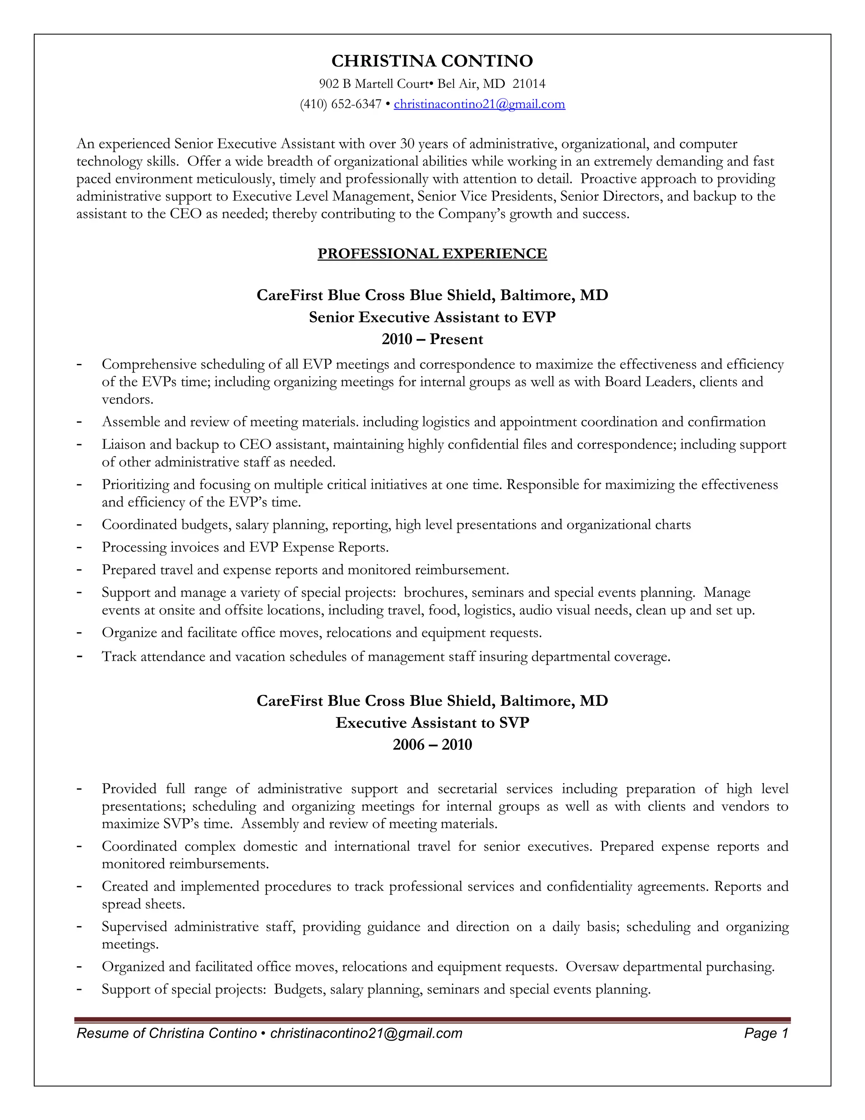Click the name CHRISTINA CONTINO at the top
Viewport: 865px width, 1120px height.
(432, 61)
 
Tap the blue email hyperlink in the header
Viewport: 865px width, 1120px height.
(479, 104)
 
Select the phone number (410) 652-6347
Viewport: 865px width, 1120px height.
(340, 104)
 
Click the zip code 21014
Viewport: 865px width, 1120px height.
(529, 84)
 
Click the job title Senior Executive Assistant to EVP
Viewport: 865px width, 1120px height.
(432, 317)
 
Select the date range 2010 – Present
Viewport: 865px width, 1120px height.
(432, 339)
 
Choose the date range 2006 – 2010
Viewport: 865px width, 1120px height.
(432, 745)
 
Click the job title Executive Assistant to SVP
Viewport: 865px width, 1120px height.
(432, 723)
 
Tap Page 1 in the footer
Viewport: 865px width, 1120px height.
(766, 1033)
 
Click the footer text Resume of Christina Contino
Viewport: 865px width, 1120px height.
(166, 1033)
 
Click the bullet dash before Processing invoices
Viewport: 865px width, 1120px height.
(79, 547)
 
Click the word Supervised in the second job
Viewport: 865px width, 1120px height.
(134, 927)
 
